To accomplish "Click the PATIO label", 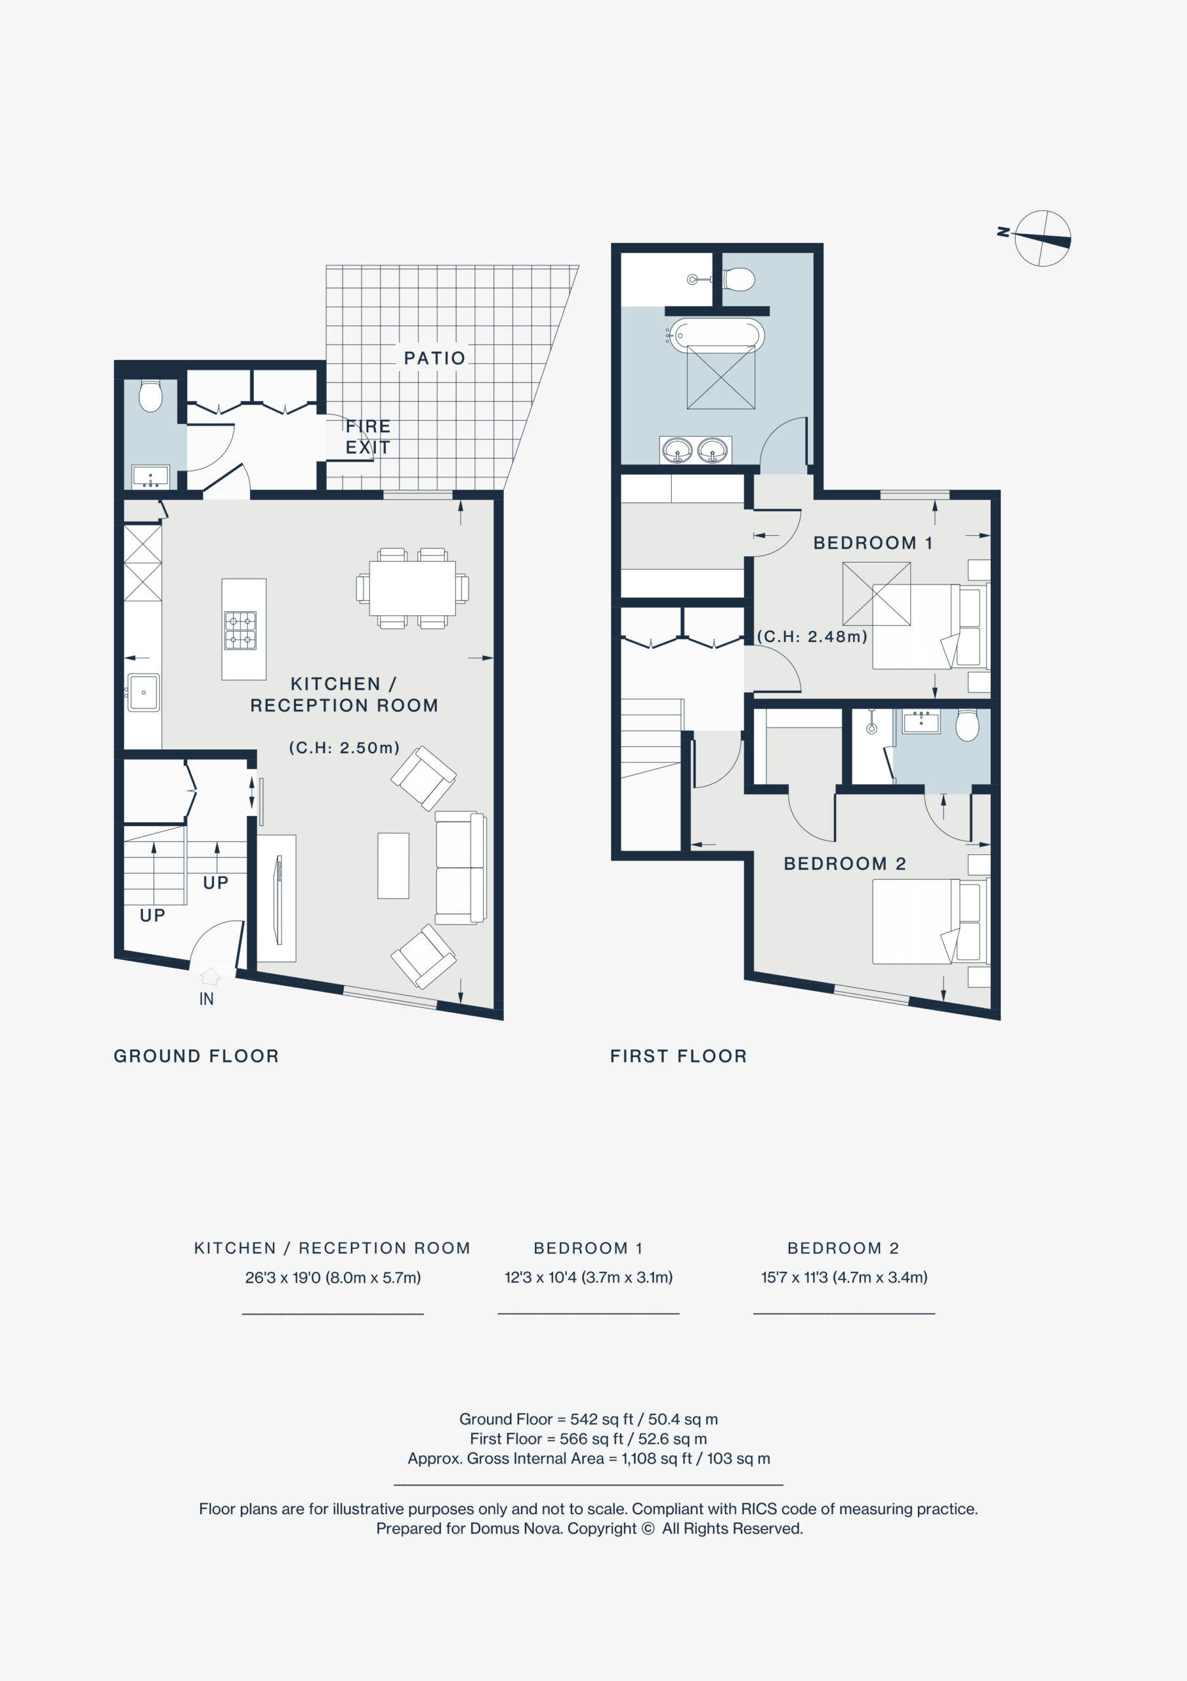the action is pyautogui.click(x=434, y=358).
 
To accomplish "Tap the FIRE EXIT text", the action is pyautogui.click(x=368, y=437).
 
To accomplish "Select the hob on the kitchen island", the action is pyautogui.click(x=240, y=631).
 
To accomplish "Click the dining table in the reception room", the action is pyautogui.click(x=412, y=588).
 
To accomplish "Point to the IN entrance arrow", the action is pyautogui.click(x=210, y=976).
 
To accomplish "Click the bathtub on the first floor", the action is pyautogui.click(x=717, y=336).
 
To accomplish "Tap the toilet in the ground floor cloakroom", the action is pyautogui.click(x=151, y=395).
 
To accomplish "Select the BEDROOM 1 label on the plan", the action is pyautogui.click(x=872, y=542).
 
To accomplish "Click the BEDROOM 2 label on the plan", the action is pyautogui.click(x=845, y=863).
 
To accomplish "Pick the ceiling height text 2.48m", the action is pyautogui.click(x=812, y=636).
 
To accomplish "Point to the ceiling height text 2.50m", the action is pyautogui.click(x=344, y=747).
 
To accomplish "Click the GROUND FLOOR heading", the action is pyautogui.click(x=196, y=1056).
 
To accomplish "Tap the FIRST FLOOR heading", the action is pyautogui.click(x=678, y=1056).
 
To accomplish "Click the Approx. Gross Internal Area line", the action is pyautogui.click(x=589, y=1458).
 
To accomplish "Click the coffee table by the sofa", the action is pyautogui.click(x=393, y=865).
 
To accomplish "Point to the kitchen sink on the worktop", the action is pyautogui.click(x=144, y=692).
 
